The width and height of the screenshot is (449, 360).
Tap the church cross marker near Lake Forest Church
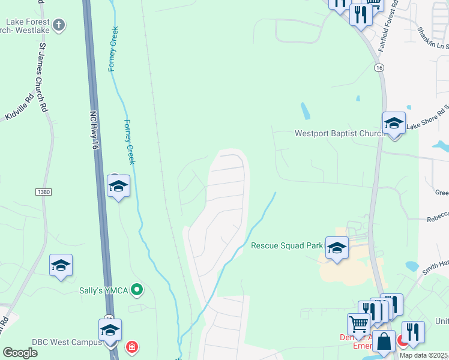(x=58, y=25)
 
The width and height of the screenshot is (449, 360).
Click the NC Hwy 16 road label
(x=95, y=131)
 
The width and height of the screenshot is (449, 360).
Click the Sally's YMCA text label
(x=104, y=290)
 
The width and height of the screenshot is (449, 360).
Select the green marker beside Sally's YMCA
(x=137, y=290)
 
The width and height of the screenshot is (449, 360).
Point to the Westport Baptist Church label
(x=339, y=133)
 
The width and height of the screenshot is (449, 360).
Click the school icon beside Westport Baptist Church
(x=394, y=124)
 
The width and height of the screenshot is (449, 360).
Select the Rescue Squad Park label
(x=287, y=245)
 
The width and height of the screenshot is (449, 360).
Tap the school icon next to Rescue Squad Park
(x=337, y=247)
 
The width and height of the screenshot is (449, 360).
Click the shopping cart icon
(x=359, y=324)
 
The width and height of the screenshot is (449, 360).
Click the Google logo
(x=20, y=352)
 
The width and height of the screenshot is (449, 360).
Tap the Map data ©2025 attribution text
(x=424, y=355)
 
